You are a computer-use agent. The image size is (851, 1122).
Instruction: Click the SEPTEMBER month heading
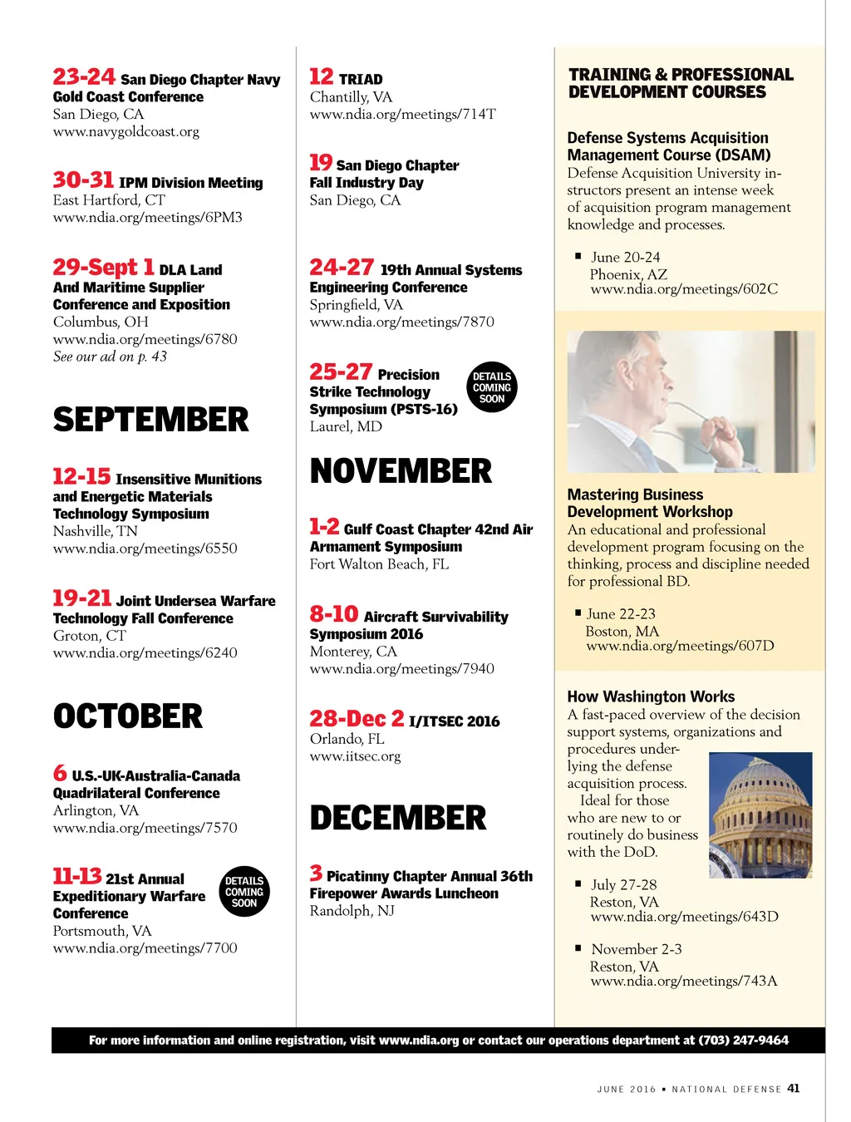tap(150, 420)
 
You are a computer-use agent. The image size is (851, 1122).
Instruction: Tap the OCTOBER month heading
tap(128, 716)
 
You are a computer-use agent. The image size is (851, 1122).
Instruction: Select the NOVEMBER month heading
tap(401, 471)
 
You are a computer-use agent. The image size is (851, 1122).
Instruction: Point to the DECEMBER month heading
tap(398, 818)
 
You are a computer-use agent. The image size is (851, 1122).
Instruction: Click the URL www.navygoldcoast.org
tap(126, 131)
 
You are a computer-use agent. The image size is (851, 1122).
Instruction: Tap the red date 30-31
tap(83, 180)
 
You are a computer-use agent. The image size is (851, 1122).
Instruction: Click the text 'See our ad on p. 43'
tap(110, 357)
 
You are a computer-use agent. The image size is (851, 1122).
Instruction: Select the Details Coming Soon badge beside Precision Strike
tap(492, 387)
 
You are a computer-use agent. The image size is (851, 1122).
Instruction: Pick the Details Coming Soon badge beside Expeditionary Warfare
tap(244, 892)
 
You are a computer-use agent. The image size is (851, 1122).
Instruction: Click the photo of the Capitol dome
tap(760, 814)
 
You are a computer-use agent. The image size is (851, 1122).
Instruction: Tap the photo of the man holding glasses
tap(691, 401)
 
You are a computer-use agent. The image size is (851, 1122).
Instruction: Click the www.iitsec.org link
tap(355, 756)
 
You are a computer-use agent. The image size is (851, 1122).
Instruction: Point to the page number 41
tap(794, 1088)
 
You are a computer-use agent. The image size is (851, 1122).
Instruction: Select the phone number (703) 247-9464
tap(743, 1040)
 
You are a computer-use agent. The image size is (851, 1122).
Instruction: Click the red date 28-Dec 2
tap(357, 719)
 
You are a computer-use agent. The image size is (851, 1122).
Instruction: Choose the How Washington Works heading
tap(651, 696)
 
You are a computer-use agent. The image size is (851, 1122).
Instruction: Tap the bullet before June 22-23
tap(578, 613)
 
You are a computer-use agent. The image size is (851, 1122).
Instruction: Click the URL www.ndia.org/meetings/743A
tap(684, 981)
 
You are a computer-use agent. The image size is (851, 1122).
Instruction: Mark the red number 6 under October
tap(60, 773)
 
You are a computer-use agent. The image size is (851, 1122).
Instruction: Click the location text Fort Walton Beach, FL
tap(379, 564)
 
